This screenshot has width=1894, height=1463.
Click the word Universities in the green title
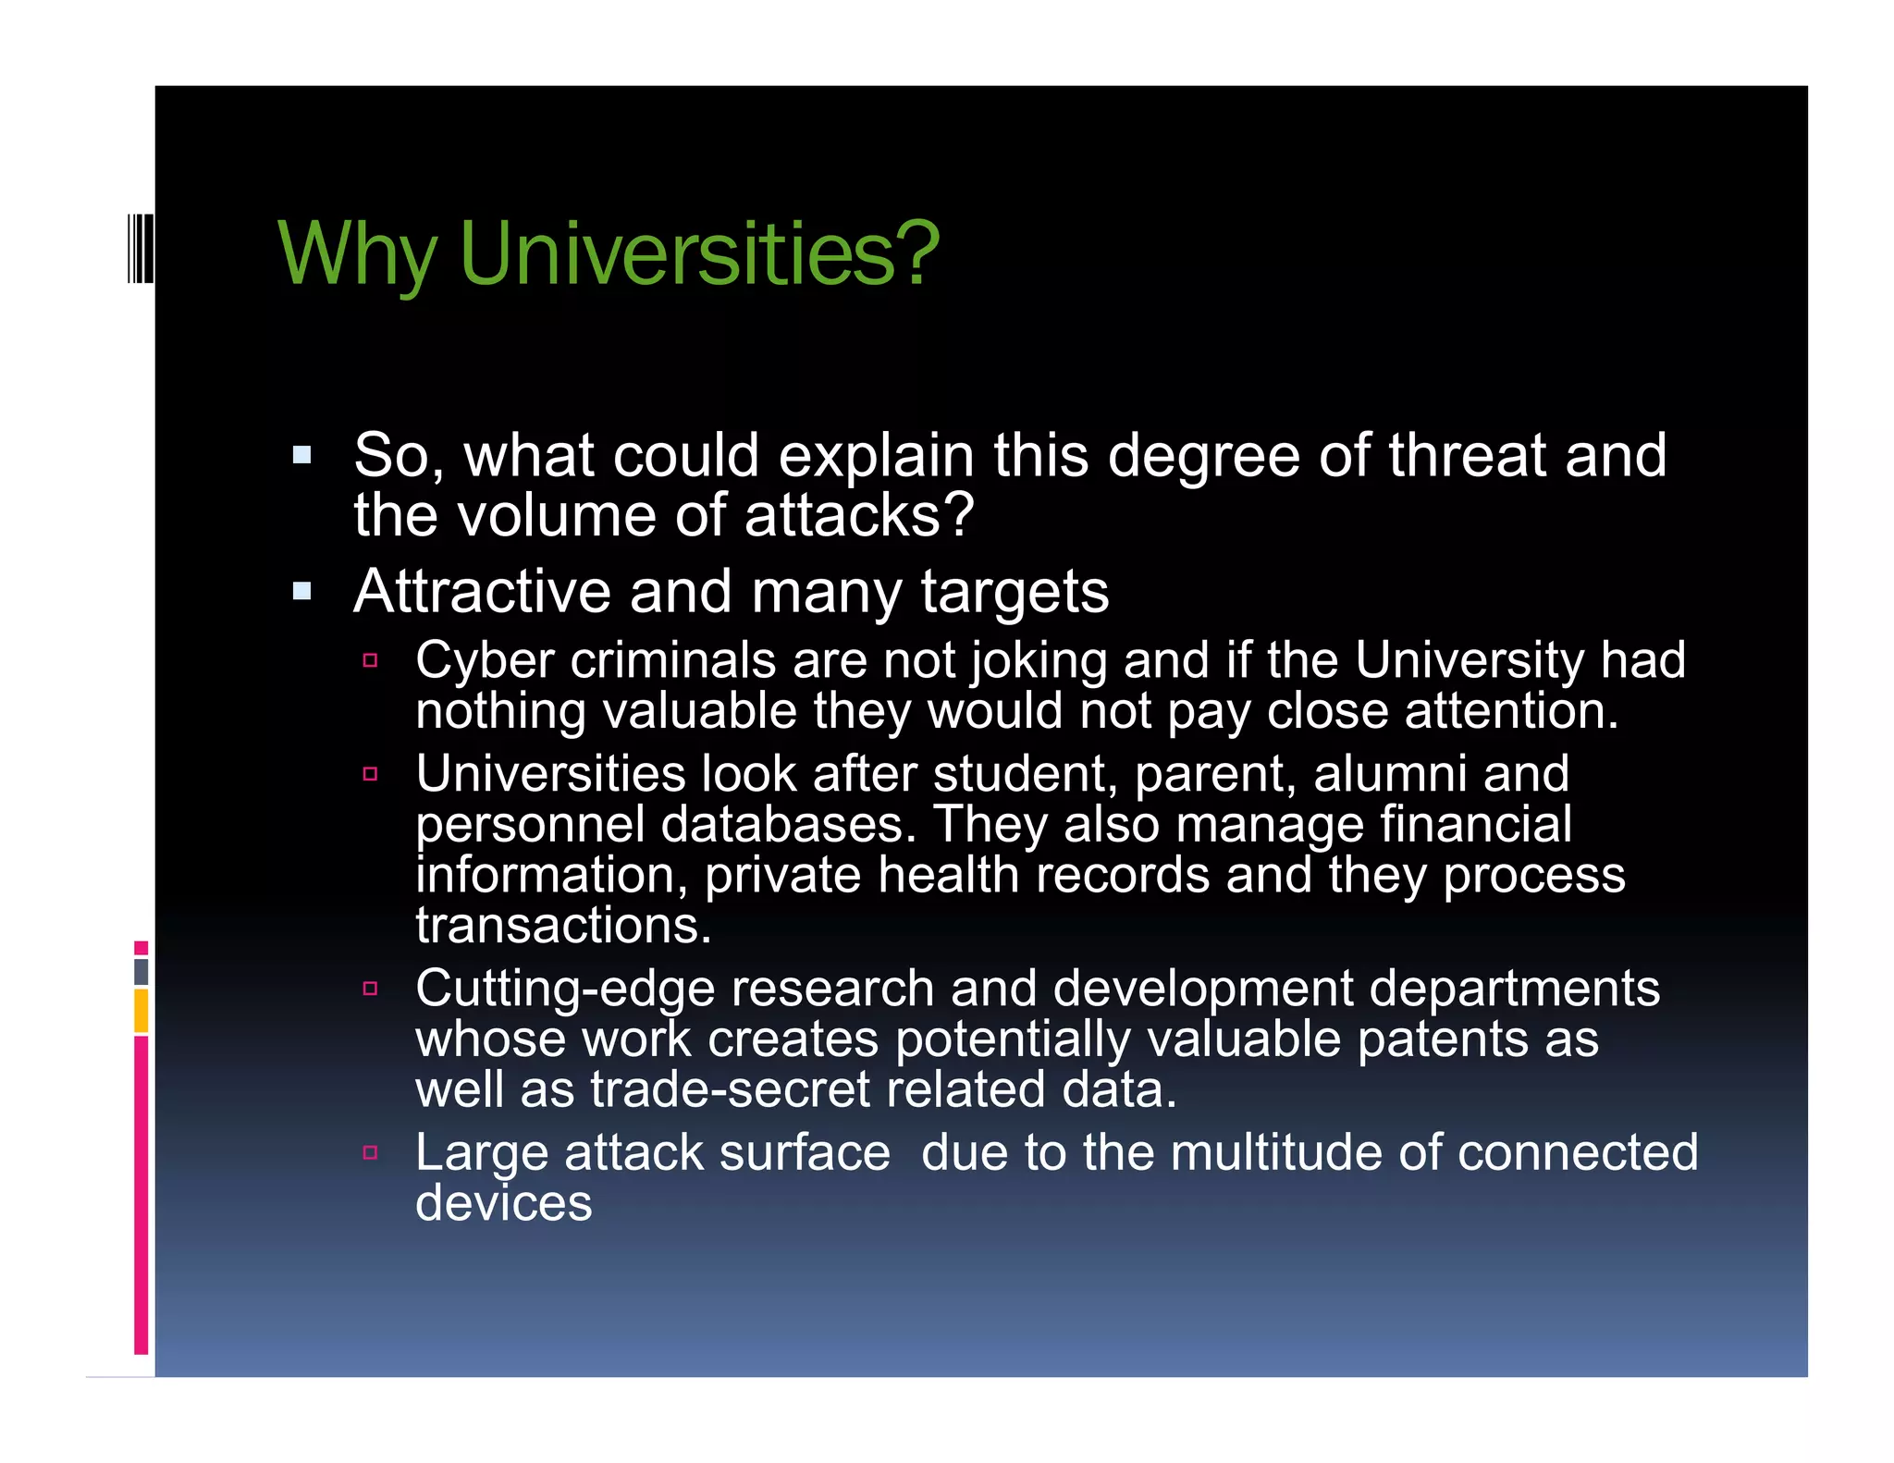coord(698,253)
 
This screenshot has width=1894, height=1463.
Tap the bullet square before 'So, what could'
coord(301,455)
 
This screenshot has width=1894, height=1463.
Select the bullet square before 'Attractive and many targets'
coord(301,591)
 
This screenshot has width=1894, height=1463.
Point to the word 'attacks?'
coord(859,515)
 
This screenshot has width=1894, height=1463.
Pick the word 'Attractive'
coord(482,591)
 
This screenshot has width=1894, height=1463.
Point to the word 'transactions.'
coord(563,925)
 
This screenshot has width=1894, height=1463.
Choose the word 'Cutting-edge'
coord(565,990)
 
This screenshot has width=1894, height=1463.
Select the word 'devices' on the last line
coord(503,1203)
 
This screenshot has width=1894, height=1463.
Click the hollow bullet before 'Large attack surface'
coord(371,1152)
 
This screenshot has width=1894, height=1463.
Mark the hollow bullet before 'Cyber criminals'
coord(371,660)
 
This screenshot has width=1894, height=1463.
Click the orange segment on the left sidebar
coord(141,1011)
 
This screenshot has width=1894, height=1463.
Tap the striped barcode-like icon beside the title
coord(141,247)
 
